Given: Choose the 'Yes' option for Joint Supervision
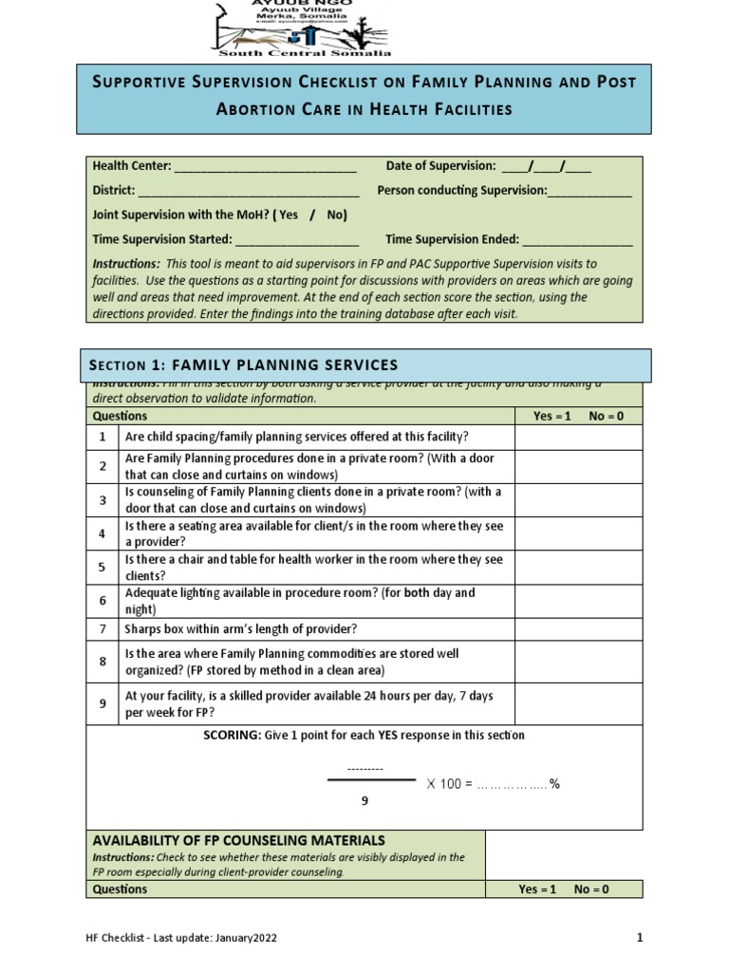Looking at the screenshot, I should (289, 215).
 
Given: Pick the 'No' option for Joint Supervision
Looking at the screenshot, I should (336, 215).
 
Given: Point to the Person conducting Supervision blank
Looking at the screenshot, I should (589, 192).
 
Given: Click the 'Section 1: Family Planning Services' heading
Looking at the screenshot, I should (244, 365).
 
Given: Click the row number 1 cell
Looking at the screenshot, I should (102, 437).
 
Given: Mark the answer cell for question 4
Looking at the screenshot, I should (578, 533).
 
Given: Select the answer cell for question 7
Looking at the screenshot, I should (578, 629).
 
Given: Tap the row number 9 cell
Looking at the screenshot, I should (102, 704).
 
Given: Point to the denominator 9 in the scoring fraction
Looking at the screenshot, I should (364, 801).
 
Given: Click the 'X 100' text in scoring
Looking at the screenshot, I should (443, 784).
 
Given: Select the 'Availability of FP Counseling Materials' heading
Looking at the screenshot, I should (239, 840).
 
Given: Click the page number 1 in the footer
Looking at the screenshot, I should (640, 939).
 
